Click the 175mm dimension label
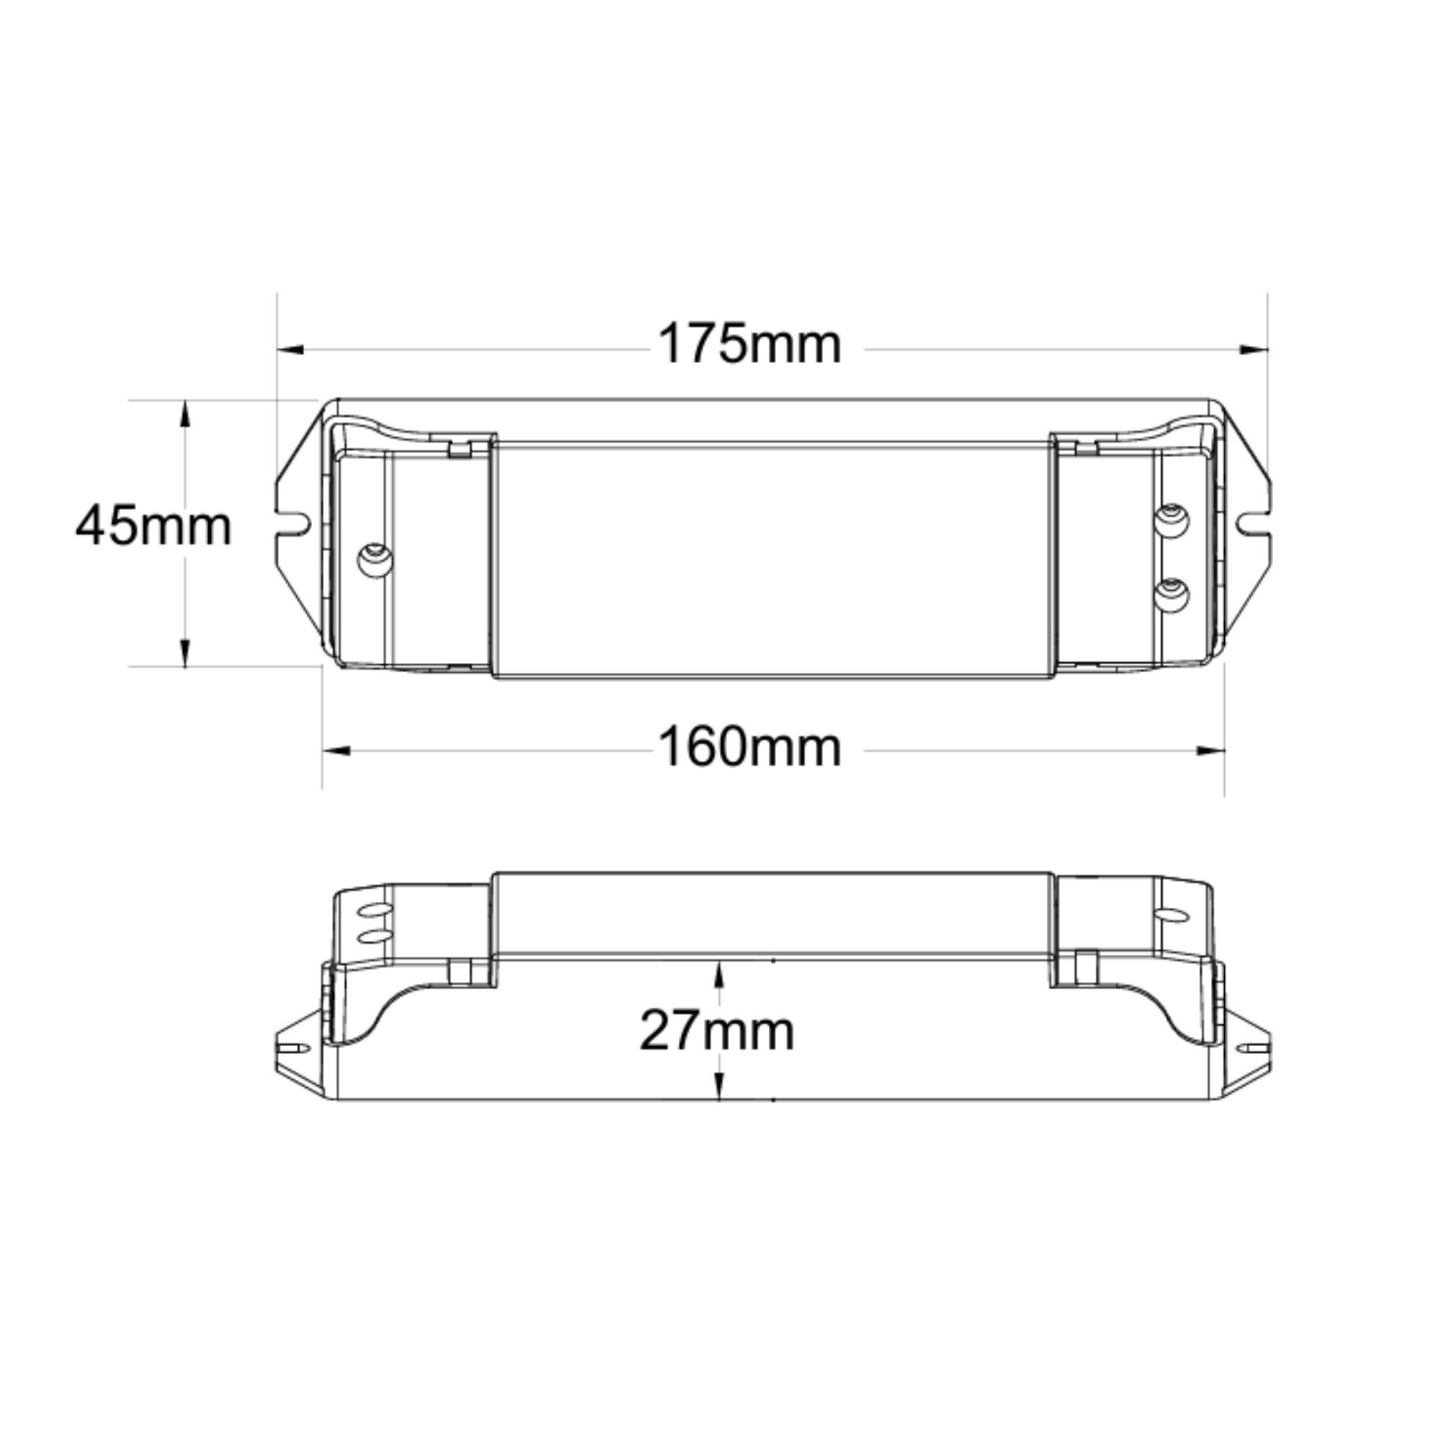click(749, 344)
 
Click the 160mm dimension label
click(749, 748)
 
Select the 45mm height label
click(153, 526)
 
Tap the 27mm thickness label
click(717, 1032)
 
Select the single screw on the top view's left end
click(375, 559)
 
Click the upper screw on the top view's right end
click(1171, 520)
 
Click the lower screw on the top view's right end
click(1171, 594)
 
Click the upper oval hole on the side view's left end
click(375, 911)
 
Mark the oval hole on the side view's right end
click(1172, 914)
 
